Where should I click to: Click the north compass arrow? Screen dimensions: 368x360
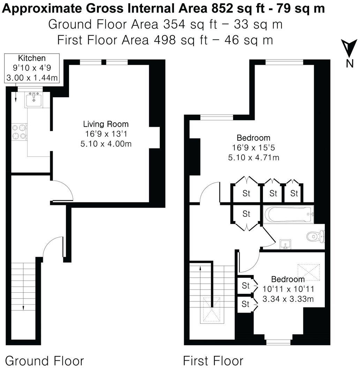(x=348, y=48)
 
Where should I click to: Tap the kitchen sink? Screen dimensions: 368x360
(x=33, y=100)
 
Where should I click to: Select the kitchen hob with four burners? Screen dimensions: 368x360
(x=19, y=132)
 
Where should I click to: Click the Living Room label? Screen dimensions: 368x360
(x=106, y=124)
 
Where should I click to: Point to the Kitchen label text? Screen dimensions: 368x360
(x=32, y=58)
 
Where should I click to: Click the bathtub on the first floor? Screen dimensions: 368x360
(x=288, y=214)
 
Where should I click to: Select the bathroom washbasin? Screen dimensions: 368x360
(x=285, y=245)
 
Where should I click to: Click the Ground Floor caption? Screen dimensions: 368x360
(x=45, y=360)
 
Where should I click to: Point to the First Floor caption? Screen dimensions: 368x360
(x=213, y=360)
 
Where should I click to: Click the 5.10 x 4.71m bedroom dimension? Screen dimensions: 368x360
(x=254, y=158)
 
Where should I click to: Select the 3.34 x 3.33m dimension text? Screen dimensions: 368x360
(x=288, y=299)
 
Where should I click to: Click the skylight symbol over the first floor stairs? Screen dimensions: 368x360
(x=211, y=309)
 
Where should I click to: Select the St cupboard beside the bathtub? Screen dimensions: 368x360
(x=246, y=214)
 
